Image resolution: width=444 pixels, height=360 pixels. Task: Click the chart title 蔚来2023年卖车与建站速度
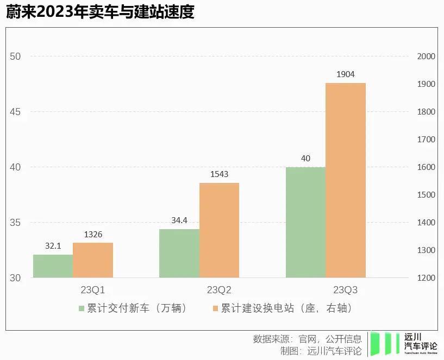pos(100,12)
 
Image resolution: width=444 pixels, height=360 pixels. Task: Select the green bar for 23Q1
pos(53,266)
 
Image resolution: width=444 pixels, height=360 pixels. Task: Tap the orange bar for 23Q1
pos(93,260)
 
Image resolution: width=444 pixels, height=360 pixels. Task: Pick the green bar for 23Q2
pos(179,253)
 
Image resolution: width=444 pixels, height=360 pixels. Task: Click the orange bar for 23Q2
pos(219,230)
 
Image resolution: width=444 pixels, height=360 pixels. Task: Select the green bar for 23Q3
pos(305,222)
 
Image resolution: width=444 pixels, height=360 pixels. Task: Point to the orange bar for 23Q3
pos(346,180)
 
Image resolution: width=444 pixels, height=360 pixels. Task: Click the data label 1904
pos(346,74)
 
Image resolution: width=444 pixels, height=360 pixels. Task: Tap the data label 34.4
pos(179,220)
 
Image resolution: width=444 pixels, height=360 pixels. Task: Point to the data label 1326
pos(93,234)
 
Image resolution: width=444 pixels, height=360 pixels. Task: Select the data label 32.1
pos(53,246)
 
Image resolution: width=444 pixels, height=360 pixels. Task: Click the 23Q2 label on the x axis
pos(219,289)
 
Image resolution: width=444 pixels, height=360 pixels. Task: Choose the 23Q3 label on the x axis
pos(346,289)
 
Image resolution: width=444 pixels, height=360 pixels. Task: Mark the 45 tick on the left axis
pos(15,112)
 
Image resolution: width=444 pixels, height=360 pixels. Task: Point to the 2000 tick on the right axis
pos(426,56)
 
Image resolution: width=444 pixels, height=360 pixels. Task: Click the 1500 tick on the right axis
pos(426,195)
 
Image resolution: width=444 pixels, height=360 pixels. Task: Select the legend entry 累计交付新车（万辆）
pos(133,308)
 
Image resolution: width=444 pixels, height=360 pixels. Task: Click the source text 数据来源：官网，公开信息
pos(307,339)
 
